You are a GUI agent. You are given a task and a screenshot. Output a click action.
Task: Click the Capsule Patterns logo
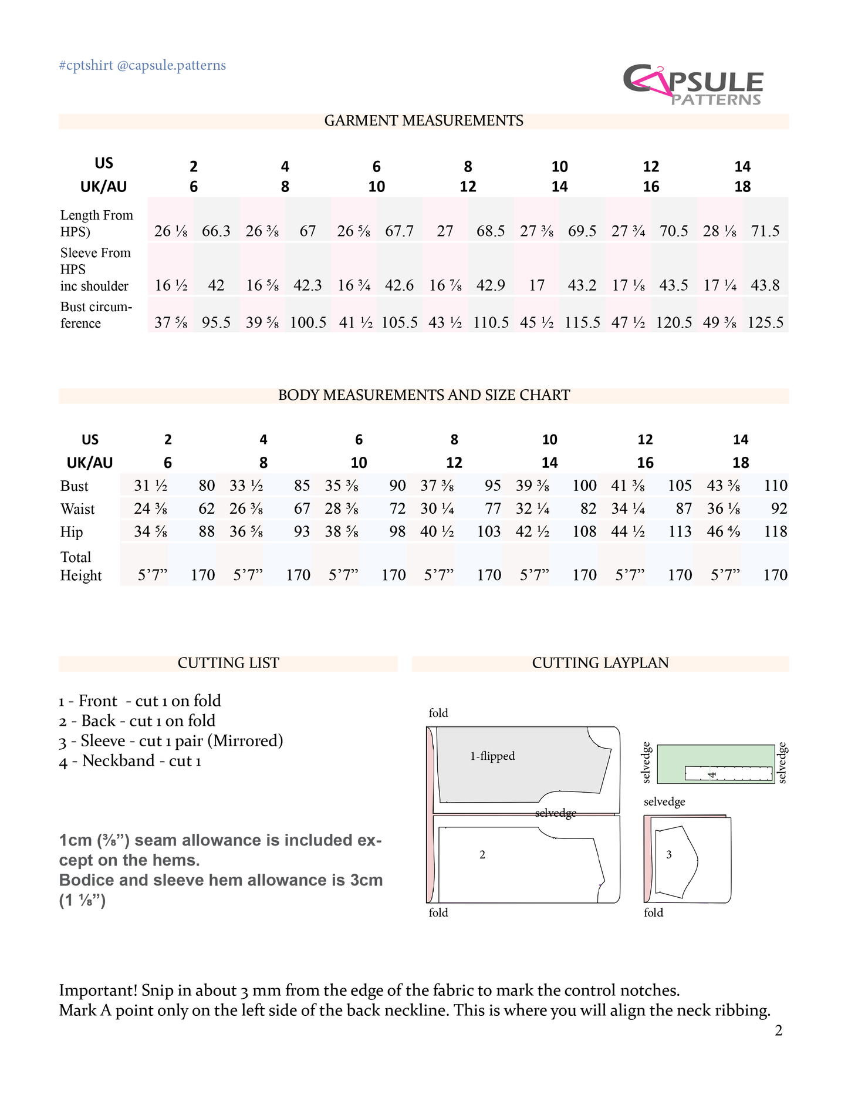pos(692,86)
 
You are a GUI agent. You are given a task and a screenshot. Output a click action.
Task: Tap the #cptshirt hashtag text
pos(86,65)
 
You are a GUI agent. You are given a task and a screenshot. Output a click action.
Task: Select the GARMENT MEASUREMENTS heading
pos(424,121)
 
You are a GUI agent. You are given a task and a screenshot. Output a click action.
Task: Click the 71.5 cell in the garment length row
pos(765,231)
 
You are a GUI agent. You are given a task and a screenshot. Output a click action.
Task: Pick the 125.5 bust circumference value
pos(765,323)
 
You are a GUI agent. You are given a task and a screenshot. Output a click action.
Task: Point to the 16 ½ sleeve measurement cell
pos(171,286)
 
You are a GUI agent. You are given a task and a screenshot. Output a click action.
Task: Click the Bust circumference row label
pos(96,315)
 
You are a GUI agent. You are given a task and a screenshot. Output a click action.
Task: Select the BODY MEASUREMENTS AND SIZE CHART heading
pos(424,395)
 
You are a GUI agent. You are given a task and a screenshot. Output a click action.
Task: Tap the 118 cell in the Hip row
pos(775,532)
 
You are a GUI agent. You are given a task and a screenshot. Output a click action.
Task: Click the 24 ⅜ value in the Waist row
pos(150,509)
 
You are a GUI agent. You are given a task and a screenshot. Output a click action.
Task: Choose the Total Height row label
pos(81,566)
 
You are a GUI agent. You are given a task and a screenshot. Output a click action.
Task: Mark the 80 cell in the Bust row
pos(207,486)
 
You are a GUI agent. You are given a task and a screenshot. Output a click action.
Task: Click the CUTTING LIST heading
pos(228,663)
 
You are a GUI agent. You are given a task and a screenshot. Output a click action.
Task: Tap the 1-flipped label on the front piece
pos(492,756)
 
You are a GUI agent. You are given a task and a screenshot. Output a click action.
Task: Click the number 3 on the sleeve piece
pos(669,855)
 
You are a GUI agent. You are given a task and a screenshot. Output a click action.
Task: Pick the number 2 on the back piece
pos(482,855)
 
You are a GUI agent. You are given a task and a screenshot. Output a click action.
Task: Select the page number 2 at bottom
pos(778,1031)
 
